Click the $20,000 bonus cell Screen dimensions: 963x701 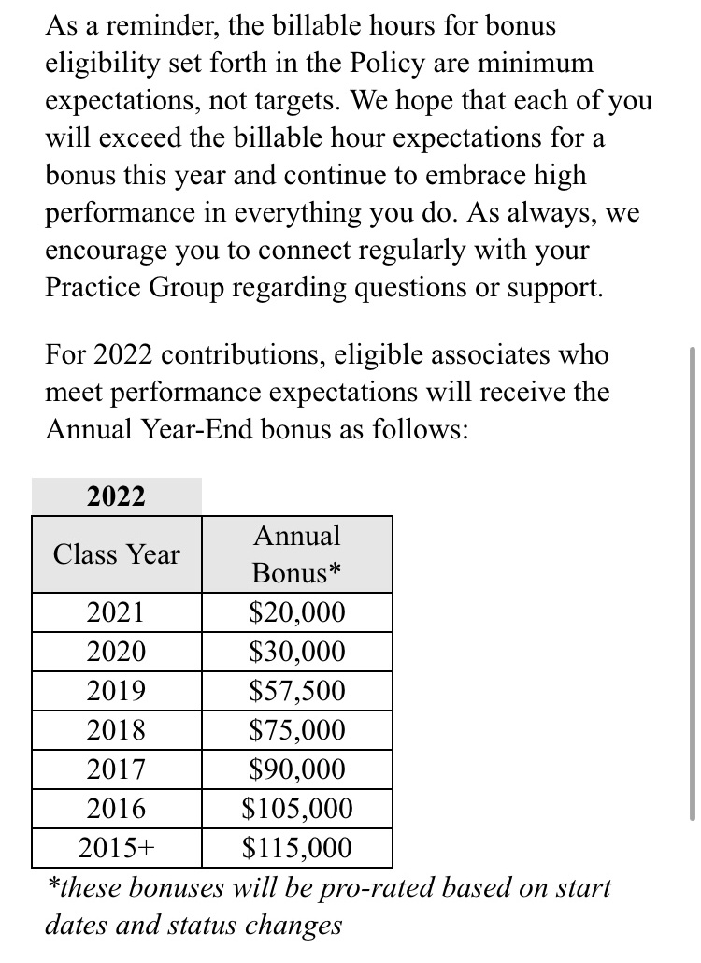[x=297, y=613]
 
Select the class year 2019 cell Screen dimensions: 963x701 [x=116, y=692]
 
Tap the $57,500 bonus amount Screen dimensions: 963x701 [x=297, y=692]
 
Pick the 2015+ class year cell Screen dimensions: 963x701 [x=116, y=848]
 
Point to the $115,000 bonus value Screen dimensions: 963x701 [x=297, y=848]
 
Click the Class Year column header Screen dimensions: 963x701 [x=116, y=554]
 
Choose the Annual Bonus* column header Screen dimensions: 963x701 [x=297, y=554]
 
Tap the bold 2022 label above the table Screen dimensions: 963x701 [x=116, y=496]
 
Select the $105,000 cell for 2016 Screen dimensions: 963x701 [x=297, y=809]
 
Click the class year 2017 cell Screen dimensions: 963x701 [x=116, y=769]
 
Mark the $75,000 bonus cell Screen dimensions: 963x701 [x=297, y=730]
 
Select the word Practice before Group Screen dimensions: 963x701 [x=93, y=287]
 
